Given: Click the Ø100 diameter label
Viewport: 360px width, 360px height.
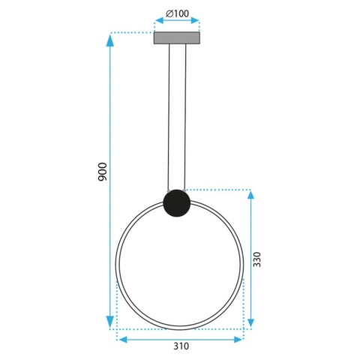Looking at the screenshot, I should coord(178,13).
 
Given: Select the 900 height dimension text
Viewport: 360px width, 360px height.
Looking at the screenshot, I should coord(103,172).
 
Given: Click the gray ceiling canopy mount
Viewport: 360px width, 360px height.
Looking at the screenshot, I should coord(178,37).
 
